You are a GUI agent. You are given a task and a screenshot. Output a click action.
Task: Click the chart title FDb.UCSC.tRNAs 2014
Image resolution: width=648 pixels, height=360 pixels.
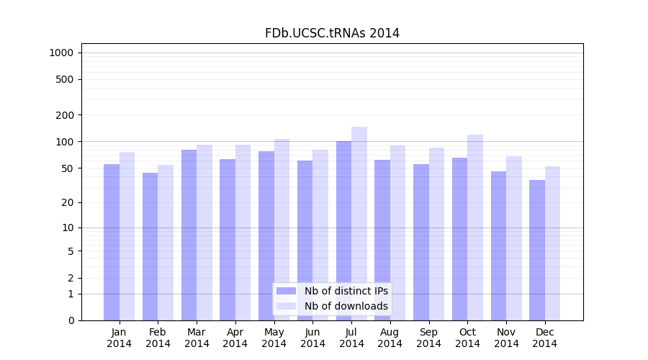(x=332, y=33)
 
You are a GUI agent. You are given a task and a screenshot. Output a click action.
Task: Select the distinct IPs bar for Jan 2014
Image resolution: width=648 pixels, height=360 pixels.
(x=112, y=242)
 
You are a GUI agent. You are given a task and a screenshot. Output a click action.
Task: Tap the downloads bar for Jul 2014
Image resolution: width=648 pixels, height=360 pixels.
(x=359, y=223)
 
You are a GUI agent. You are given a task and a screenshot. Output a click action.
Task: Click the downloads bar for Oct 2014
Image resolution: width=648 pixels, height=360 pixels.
(x=475, y=228)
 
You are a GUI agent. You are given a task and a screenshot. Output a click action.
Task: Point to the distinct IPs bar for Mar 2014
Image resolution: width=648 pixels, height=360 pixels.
(x=189, y=235)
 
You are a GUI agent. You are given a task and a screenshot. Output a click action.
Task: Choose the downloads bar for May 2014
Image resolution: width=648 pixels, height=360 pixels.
(x=282, y=230)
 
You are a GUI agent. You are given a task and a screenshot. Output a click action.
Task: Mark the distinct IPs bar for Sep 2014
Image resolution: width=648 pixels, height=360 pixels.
(x=421, y=242)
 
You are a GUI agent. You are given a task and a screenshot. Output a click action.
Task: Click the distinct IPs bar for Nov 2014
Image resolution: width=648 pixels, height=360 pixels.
(x=498, y=246)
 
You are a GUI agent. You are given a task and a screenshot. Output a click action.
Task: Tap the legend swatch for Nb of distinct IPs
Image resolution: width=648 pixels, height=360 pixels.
(x=286, y=291)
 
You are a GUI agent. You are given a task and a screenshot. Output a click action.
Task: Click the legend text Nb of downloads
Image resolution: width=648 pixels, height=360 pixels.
(x=346, y=306)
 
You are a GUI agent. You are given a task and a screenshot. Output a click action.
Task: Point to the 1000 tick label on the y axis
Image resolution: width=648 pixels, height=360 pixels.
(x=61, y=53)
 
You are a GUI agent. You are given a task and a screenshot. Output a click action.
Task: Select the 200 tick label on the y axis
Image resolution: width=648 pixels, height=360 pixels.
(x=65, y=115)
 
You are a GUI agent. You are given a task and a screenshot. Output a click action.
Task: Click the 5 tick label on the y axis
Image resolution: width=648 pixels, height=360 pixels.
(x=71, y=251)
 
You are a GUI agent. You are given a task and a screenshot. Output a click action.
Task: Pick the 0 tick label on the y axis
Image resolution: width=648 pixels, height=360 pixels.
(x=71, y=320)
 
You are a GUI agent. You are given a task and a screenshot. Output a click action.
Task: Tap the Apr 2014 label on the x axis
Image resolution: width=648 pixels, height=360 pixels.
(x=235, y=338)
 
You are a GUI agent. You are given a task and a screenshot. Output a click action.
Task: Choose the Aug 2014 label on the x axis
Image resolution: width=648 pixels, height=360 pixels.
(x=390, y=338)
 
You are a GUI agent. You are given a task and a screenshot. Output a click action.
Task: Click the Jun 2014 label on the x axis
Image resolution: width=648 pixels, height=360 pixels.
(x=312, y=338)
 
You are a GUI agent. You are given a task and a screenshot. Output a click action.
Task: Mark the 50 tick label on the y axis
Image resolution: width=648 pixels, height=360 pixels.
(x=68, y=168)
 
